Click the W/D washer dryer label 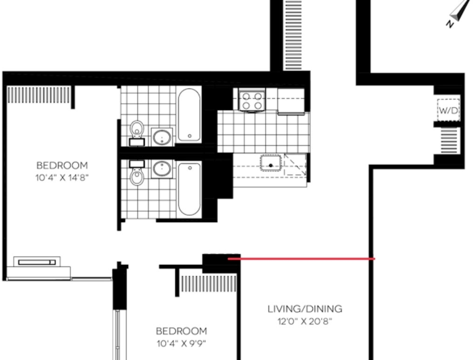[448, 110]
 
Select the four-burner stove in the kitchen [252, 101]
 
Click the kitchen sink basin [270, 163]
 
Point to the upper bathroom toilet [137, 133]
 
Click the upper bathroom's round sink [162, 137]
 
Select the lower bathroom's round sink [162, 169]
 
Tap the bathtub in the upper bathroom [189, 115]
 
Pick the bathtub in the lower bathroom [189, 189]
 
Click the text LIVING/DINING [305, 309]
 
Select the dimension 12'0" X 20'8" [304, 321]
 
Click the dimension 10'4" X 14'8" [62, 177]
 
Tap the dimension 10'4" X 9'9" [181, 343]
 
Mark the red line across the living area [301, 258]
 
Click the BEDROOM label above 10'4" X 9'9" [181, 331]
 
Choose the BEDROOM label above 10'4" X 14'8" [62, 165]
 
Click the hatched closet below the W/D [450, 141]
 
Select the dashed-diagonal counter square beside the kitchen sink [295, 164]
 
